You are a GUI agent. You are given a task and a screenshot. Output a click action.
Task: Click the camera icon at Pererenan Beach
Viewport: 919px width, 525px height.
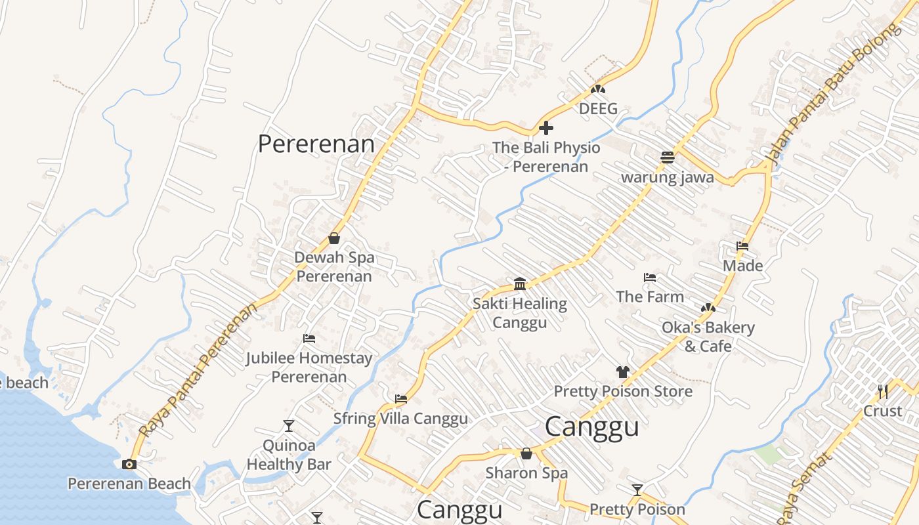point(129,465)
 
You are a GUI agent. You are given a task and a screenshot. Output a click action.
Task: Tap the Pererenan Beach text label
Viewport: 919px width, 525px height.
point(129,484)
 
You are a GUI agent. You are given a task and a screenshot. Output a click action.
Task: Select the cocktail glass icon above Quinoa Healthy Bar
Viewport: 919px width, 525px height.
point(288,426)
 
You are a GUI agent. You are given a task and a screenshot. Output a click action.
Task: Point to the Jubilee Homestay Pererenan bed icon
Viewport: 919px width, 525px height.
point(309,339)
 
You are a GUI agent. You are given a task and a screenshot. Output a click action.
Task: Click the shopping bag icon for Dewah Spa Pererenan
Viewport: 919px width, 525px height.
point(334,238)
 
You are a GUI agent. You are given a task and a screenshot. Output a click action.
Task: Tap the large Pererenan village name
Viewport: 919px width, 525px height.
point(316,144)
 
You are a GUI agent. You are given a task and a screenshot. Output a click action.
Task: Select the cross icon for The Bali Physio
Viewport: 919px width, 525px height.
point(545,128)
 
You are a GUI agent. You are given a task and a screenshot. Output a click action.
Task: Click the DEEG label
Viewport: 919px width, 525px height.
point(598,109)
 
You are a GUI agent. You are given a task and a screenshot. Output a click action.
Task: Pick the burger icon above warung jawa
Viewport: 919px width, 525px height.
point(668,157)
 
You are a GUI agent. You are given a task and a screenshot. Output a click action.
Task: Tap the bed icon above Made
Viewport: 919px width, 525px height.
point(742,246)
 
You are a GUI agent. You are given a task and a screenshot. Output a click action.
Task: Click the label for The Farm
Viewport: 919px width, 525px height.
point(650,297)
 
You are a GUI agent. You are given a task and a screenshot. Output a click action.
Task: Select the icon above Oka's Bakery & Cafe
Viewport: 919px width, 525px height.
point(708,308)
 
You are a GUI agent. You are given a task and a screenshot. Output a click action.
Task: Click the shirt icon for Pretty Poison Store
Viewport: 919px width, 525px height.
point(623,372)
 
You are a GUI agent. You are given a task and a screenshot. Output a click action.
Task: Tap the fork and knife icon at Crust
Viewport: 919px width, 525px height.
point(883,392)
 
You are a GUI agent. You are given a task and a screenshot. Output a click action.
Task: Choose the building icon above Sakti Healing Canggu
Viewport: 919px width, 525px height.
point(520,283)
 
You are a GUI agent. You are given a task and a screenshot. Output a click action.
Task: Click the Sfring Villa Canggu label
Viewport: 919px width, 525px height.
point(400,419)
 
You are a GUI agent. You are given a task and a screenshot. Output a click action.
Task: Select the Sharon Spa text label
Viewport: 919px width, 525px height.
point(526,473)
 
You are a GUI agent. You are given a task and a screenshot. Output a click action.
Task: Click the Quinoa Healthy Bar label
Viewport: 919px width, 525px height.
point(288,455)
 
